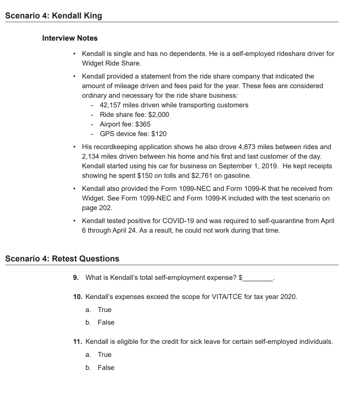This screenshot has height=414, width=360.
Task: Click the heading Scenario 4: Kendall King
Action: point(54,16)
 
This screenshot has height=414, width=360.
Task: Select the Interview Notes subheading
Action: point(70,38)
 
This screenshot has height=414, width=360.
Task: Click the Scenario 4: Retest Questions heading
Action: point(62,259)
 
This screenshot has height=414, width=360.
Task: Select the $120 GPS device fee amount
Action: point(159,134)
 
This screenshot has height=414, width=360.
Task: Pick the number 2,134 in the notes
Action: point(91,156)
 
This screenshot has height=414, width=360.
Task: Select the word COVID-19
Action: point(179,221)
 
